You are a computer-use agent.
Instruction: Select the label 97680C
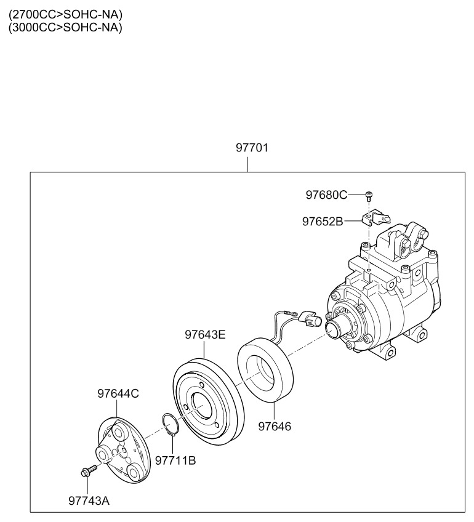tap(326, 195)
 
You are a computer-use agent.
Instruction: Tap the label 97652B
tap(322, 221)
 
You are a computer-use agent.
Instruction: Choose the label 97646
tap(275, 425)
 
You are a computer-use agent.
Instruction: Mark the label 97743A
tap(89, 500)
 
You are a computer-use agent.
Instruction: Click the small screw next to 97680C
tap(369, 196)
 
